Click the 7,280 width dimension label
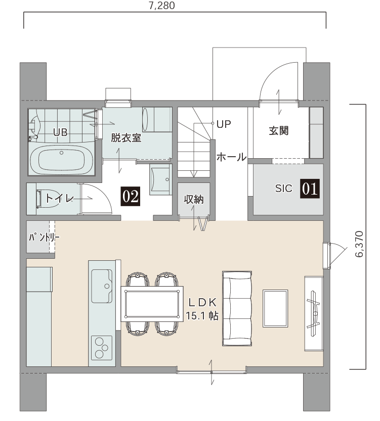pos(162,6)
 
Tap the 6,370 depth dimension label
pos(359,244)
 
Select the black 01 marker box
pos(310,189)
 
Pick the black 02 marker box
pos(131,197)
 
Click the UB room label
pos(60,132)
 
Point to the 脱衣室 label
pos(126,138)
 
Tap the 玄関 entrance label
pos(279,131)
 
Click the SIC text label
pos(283,189)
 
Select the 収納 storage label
pos(193,199)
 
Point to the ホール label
pos(231,157)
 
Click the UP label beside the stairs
pos(224,124)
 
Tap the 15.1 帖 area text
pos(202,316)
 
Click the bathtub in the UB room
pos(62,160)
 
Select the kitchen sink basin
pos(102,286)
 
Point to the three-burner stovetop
pos(102,348)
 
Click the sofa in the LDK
pos(237,308)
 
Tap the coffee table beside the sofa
pos(275,308)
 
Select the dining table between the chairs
pos(152,304)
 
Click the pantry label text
pos(45,238)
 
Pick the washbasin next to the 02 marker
pos(160,179)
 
